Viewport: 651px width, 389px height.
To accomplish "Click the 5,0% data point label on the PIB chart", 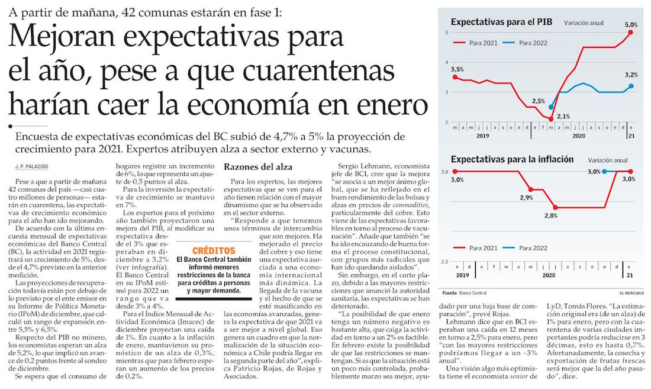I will (x=631, y=24).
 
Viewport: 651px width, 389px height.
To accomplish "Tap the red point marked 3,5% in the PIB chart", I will (x=455, y=76).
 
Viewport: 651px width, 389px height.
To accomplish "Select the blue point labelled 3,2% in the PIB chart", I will (x=631, y=86).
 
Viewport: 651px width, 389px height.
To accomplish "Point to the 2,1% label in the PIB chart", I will (x=563, y=116).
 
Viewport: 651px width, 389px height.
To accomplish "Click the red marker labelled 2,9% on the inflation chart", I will (x=530, y=189).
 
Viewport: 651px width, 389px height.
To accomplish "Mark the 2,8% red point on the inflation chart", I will (x=555, y=207).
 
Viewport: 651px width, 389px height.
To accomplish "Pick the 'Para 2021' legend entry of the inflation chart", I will (x=481, y=248).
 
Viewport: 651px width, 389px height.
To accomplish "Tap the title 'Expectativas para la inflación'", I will (x=512, y=159).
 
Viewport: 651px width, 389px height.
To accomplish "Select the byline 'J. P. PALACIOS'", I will (x=33, y=167).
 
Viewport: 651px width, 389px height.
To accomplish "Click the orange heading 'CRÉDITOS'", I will (x=214, y=250).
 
